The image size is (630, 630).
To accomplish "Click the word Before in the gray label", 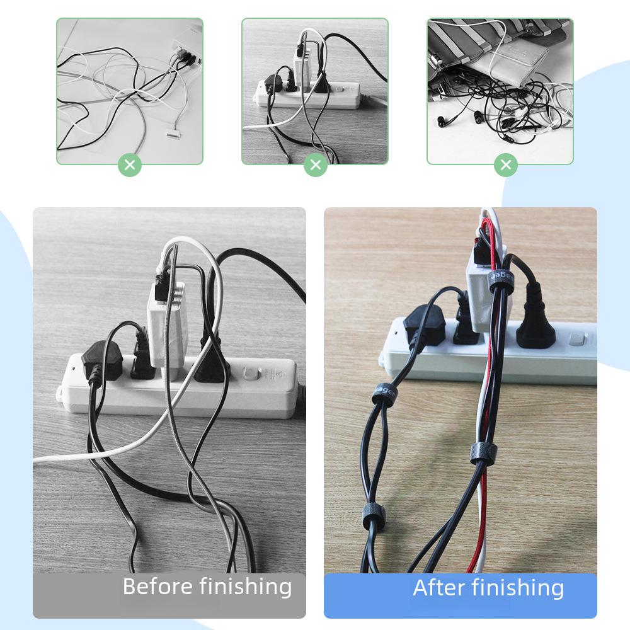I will point(157,587).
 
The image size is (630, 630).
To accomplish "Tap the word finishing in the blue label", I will point(518,588).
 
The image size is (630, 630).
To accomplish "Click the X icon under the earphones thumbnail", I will point(505,165).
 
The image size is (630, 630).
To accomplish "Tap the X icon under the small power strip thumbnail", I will point(316,165).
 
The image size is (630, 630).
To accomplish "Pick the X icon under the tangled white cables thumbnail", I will point(130,165).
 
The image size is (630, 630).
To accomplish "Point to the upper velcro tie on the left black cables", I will point(384,392).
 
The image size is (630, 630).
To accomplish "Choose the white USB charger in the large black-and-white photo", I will point(166,312).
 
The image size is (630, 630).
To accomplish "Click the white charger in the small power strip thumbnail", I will point(302,63).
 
